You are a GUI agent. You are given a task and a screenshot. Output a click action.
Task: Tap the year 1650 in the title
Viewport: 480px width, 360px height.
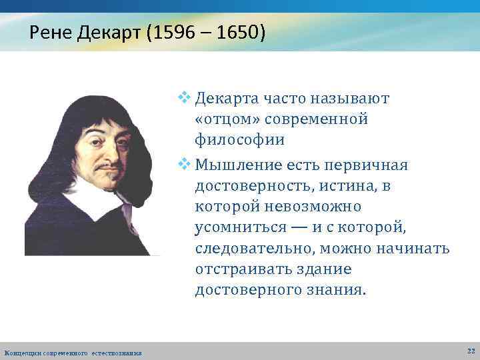click(x=235, y=33)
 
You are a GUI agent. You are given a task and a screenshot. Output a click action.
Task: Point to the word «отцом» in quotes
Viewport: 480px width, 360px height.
click(x=227, y=120)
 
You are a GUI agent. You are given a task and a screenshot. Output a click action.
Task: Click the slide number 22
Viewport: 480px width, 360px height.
click(x=471, y=351)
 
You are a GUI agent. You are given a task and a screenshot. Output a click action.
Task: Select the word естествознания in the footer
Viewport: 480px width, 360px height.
click(x=116, y=352)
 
